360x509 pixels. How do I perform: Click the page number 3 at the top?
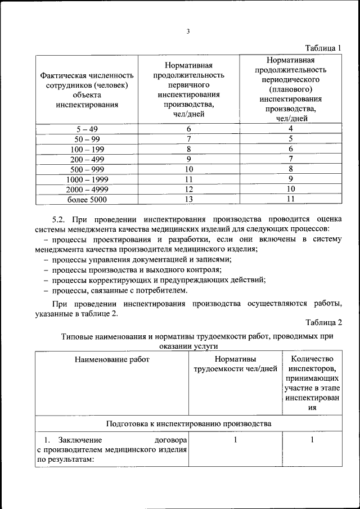click(188, 31)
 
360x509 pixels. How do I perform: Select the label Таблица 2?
click(323, 322)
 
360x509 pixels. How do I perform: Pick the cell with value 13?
click(188, 199)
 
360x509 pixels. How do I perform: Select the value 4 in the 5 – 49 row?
click(291, 128)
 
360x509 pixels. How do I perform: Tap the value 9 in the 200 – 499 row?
click(188, 159)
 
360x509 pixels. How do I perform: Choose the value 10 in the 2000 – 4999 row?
click(291, 189)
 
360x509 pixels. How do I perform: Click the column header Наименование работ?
click(112, 359)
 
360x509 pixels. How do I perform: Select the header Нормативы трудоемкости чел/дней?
click(235, 364)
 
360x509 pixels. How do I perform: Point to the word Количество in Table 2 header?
click(312, 359)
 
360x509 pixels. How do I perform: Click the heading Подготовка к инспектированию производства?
click(188, 423)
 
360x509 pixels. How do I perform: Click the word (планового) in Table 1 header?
click(291, 89)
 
